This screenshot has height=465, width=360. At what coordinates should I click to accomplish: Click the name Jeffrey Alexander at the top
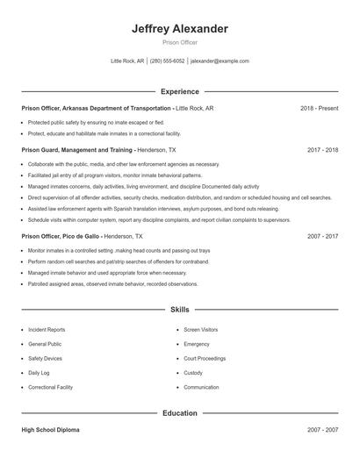[180, 29]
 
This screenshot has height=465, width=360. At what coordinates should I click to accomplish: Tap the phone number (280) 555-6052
[167, 61]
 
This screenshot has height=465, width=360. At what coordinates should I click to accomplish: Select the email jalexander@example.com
[220, 61]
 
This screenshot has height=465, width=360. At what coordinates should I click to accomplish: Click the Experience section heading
[180, 91]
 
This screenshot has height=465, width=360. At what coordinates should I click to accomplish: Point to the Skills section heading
[180, 310]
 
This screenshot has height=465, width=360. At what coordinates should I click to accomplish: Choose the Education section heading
[180, 412]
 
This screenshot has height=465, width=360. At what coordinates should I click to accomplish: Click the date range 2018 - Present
[319, 108]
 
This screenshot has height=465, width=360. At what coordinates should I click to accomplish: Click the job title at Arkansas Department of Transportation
[97, 108]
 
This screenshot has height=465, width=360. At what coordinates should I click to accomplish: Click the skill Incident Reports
[47, 330]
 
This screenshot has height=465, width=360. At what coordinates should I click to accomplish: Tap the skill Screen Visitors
[201, 330]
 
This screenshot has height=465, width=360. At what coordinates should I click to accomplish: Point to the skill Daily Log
[39, 373]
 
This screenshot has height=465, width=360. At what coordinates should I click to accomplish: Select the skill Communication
[201, 387]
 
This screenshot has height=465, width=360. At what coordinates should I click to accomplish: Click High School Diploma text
[52, 431]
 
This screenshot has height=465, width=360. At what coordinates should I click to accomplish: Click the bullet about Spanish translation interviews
[154, 209]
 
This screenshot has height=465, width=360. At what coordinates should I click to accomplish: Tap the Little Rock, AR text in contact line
[128, 61]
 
